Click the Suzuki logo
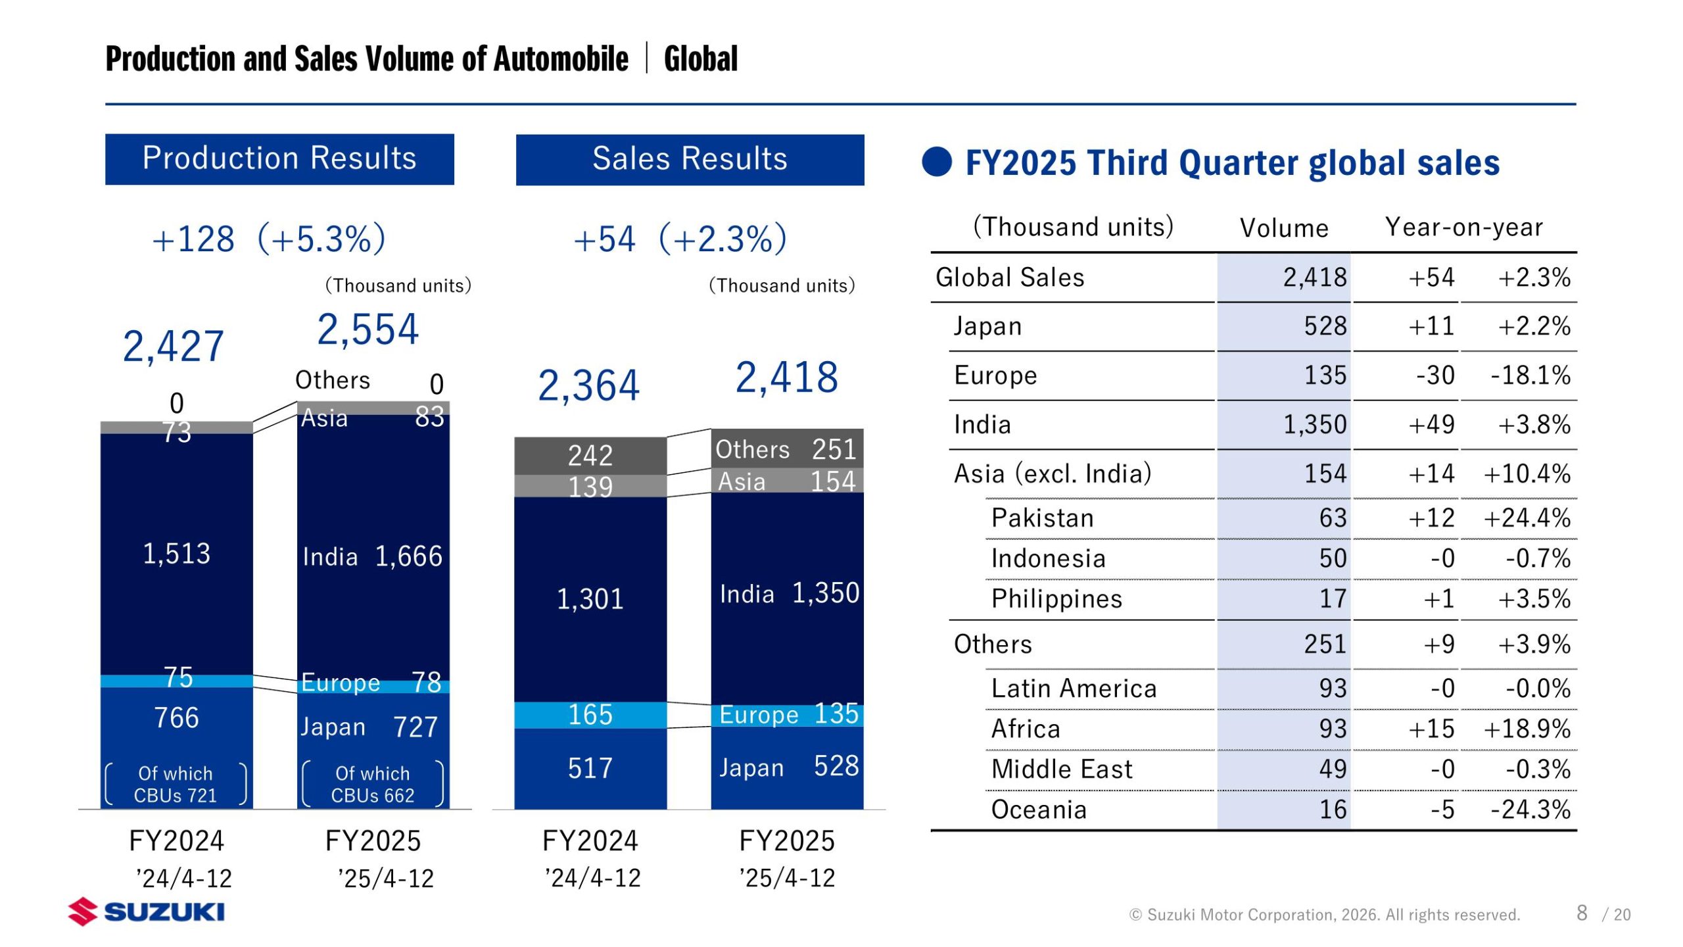pos(146,911)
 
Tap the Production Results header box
pos(279,159)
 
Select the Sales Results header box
pos(690,160)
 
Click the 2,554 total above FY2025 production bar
pos(367,329)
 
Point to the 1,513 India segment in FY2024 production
pos(176,554)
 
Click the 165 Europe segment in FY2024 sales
pos(590,715)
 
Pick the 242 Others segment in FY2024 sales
pos(590,455)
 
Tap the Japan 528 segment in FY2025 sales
pos(788,767)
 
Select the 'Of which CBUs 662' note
pos(372,784)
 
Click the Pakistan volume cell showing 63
pos(1333,518)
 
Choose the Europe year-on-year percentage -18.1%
pos(1530,376)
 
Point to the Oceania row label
pos(1038,810)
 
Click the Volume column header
pos(1283,228)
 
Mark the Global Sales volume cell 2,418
pos(1315,278)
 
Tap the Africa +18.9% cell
pos(1527,729)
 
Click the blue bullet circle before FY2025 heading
pos(937,162)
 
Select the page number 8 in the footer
pos(1582,913)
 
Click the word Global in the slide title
pos(701,59)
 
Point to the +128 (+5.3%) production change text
pos(268,239)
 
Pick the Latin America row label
pos(1074,689)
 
